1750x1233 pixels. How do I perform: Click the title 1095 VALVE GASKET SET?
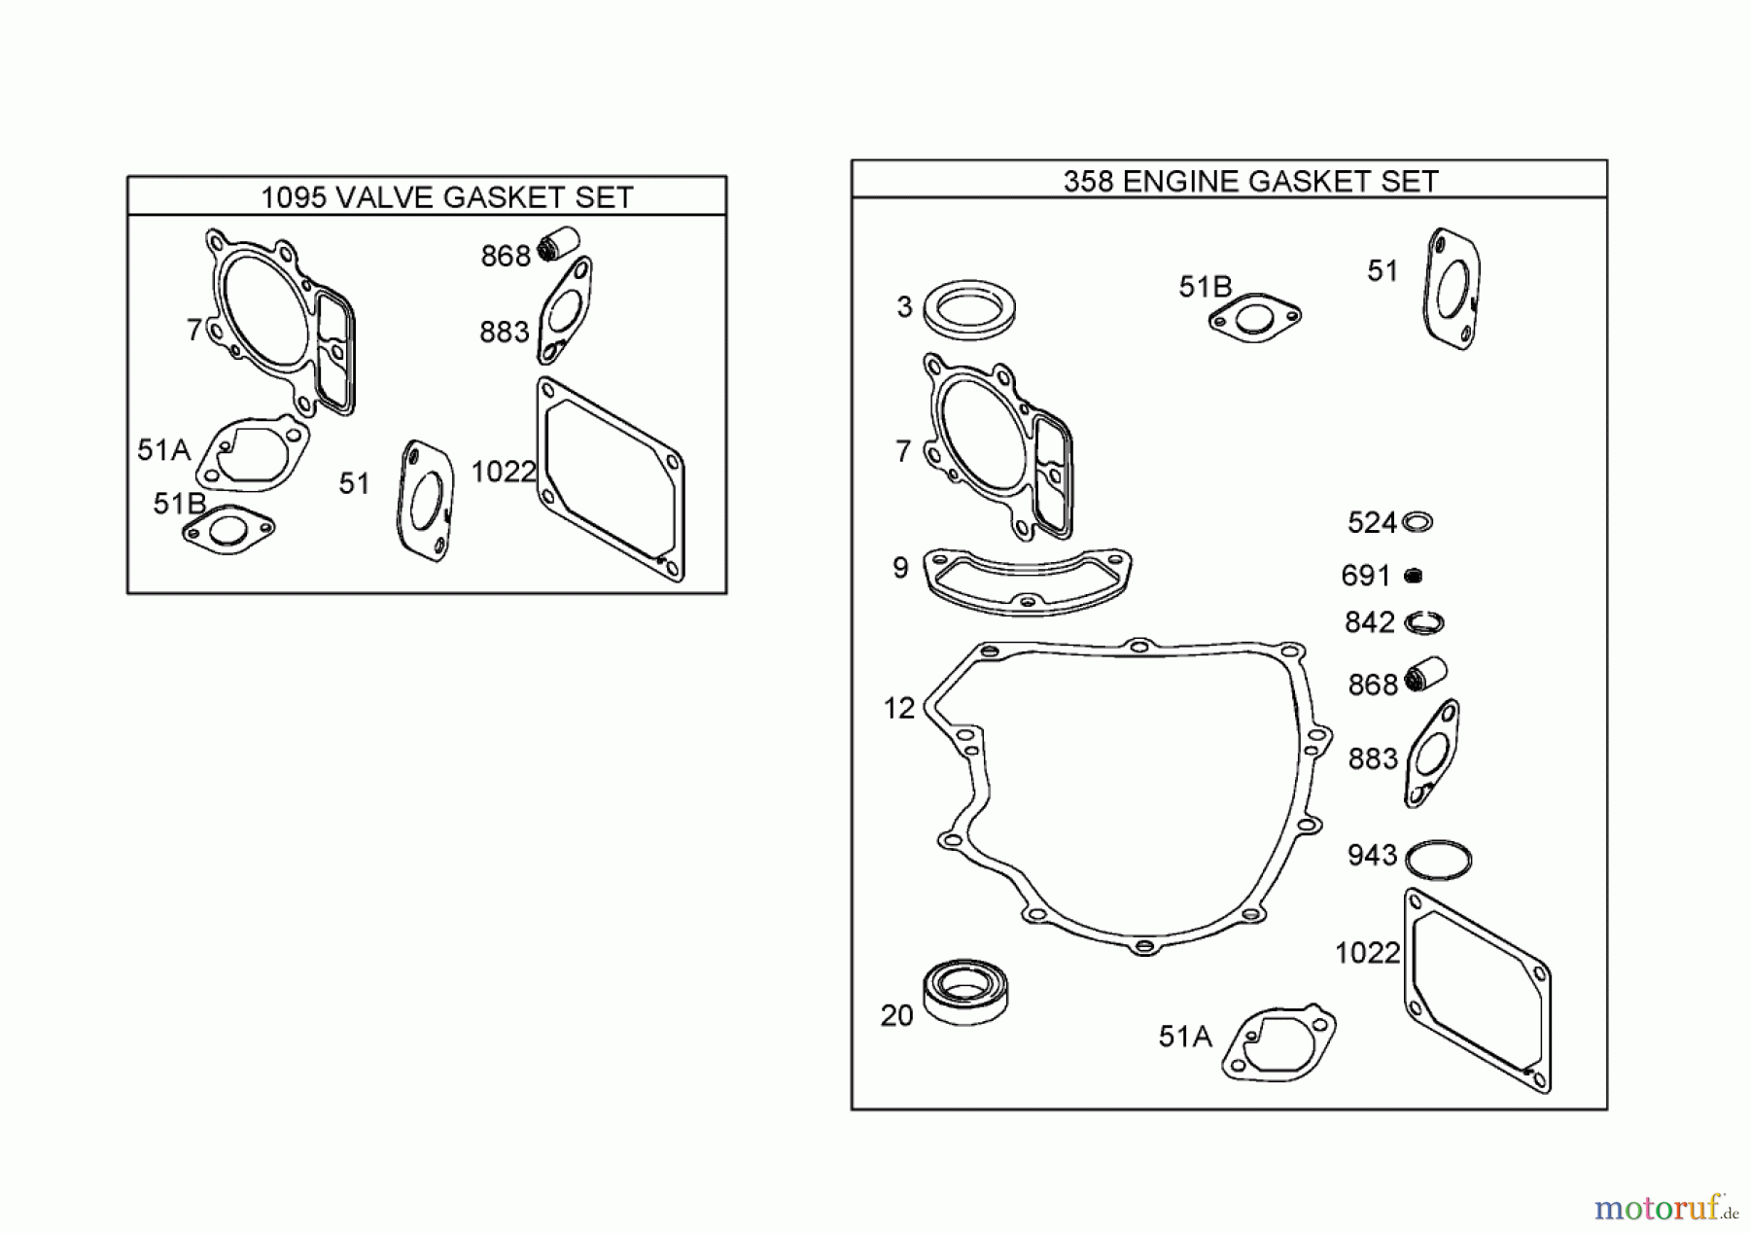446,197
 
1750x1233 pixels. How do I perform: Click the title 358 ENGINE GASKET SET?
1250,182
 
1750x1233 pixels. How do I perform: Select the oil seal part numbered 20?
964,992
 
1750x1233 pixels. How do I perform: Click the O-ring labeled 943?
1439,861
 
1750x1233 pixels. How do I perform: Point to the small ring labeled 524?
1417,522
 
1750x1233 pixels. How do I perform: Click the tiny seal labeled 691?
1414,576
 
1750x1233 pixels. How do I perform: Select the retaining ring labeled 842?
1423,622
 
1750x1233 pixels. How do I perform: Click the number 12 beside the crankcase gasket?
898,709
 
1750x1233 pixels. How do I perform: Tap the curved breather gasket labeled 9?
1027,583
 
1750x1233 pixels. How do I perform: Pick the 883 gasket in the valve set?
565,310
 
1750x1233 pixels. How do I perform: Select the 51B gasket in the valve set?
227,531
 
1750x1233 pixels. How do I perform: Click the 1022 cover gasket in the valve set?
611,480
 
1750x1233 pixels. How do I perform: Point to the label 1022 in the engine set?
1367,953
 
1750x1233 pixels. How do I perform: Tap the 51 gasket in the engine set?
1452,289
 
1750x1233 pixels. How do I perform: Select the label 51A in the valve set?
163,450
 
